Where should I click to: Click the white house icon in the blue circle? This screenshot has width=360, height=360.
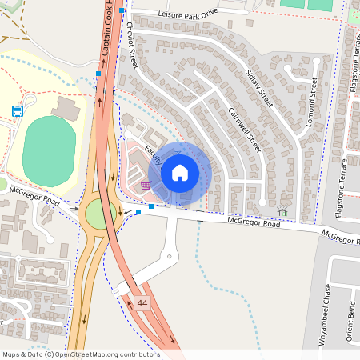[x=180, y=172]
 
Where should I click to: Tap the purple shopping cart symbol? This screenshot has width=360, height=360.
[x=145, y=185]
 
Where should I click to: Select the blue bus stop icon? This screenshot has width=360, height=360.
[x=17, y=110]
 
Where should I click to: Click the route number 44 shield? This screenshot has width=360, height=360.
[x=142, y=303]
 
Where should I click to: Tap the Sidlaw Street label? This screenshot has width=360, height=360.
[x=259, y=88]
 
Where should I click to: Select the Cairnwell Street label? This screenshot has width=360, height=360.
[x=244, y=130]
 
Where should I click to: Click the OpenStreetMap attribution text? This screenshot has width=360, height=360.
[x=80, y=354]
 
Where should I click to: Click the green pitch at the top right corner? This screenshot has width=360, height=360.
[x=320, y=4]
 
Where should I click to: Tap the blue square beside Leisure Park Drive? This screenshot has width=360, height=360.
[x=122, y=10]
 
